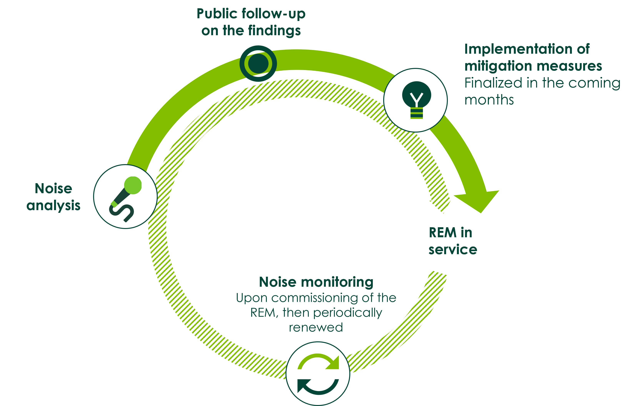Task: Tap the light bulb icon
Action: click(416, 100)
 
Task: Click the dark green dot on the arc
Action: click(258, 63)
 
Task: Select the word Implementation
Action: click(518, 49)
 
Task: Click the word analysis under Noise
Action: click(53, 206)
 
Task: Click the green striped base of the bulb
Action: click(417, 113)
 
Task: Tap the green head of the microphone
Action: click(133, 185)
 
